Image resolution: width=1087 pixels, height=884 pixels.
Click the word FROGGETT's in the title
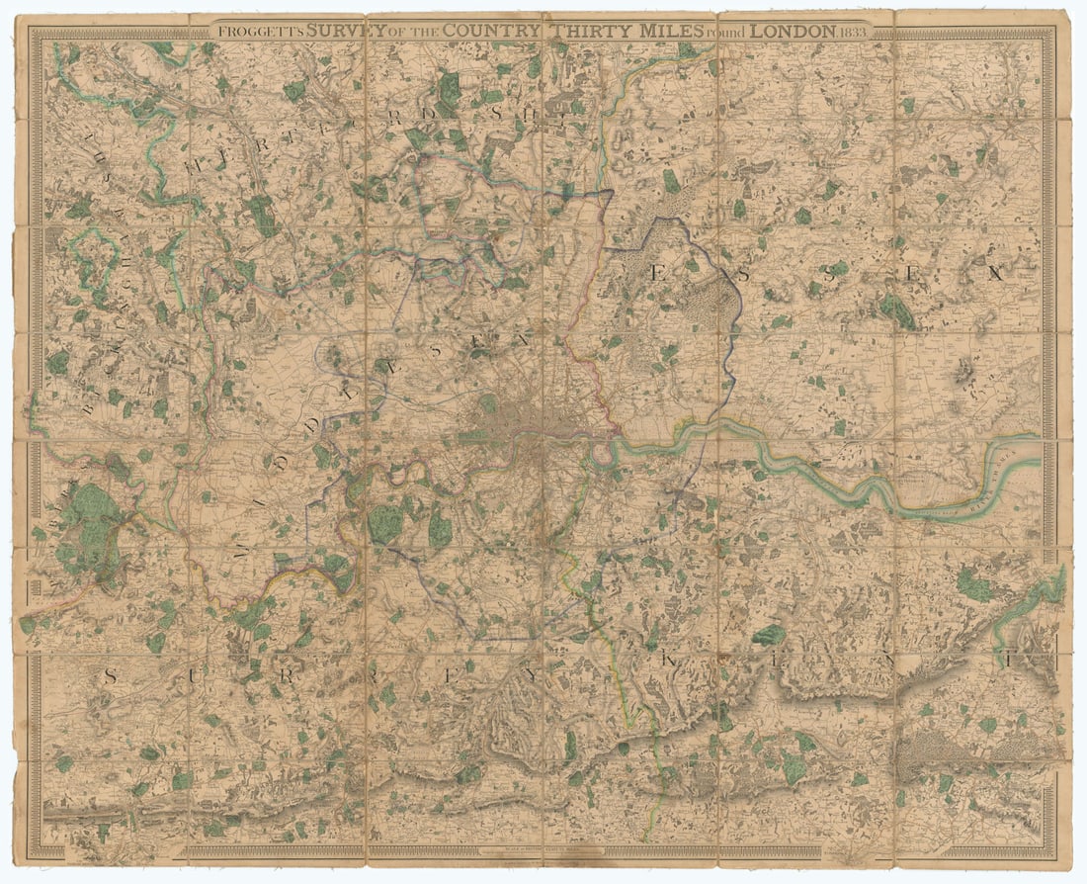pos(260,31)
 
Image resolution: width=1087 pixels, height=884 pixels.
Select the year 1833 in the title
pos(855,31)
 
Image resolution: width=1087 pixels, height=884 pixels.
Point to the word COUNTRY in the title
pos(491,31)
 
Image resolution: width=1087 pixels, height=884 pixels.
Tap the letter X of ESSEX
pos(995,275)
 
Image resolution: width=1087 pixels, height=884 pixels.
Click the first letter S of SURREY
pos(111,676)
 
